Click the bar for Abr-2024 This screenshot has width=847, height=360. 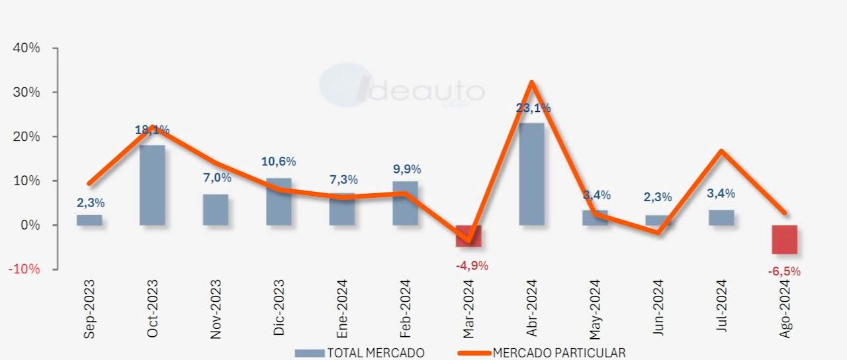click(532, 173)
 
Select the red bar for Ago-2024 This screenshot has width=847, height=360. click(785, 240)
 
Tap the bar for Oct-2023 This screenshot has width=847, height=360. click(152, 185)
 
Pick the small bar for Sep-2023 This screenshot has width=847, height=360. click(89, 220)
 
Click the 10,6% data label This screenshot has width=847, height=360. click(279, 161)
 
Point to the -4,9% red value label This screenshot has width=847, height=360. click(471, 266)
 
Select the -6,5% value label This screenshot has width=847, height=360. click(783, 271)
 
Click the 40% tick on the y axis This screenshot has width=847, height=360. click(26, 48)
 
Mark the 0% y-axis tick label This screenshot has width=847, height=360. click(30, 225)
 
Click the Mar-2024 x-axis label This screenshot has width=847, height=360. click(469, 309)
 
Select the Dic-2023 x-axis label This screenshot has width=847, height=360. click(279, 309)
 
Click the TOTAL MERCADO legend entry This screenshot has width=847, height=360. click(361, 353)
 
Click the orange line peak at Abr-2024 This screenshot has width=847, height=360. click(532, 82)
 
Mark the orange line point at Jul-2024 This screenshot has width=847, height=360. click(721, 151)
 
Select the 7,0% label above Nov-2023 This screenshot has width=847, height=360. click(216, 177)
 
